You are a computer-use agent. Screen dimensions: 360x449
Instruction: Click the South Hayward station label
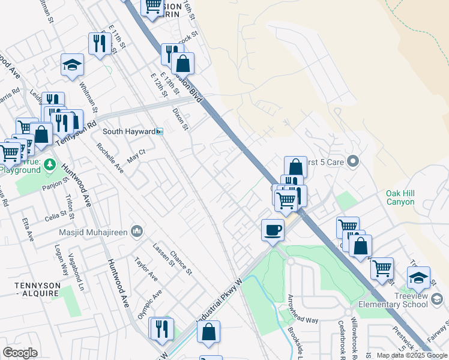pos(128,131)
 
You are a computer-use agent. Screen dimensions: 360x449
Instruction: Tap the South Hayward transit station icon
pos(160,131)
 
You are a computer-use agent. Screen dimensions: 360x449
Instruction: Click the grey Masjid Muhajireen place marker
pos(137,230)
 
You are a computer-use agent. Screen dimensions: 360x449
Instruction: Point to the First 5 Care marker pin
pos(353,161)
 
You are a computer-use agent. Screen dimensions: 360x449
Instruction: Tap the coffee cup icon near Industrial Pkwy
pos(273,230)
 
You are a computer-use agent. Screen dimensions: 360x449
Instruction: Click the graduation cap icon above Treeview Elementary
pos(418,278)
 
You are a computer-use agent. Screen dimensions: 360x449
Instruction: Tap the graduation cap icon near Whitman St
pos(72,65)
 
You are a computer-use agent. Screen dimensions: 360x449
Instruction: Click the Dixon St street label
pos(180,119)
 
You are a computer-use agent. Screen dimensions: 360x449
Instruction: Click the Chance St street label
pos(180,263)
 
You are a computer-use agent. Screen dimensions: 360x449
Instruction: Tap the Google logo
pos(20,353)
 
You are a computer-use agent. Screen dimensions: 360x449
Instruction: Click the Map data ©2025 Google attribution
pos(412,355)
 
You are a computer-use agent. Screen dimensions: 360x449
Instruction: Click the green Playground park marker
pos(50,164)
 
